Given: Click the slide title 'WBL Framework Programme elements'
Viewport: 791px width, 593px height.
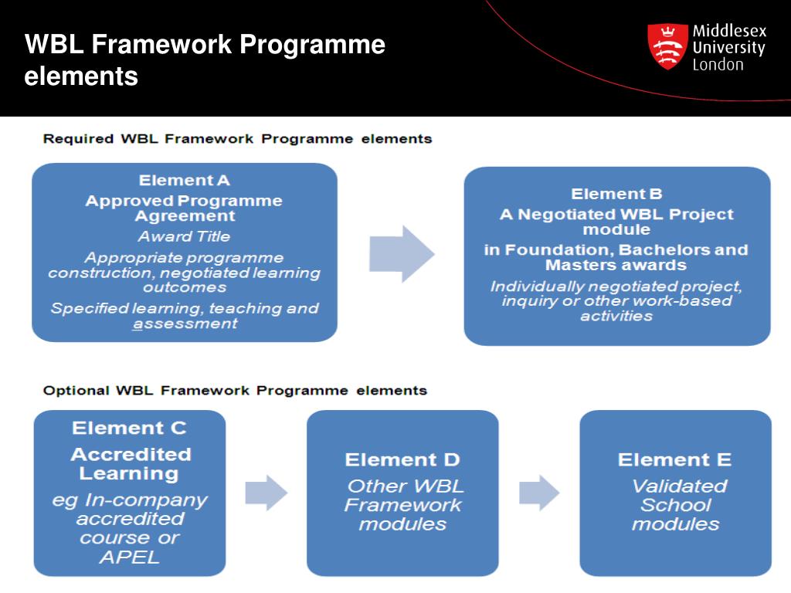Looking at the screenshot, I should [205, 60].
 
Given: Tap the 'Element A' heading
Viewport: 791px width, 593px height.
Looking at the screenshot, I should [184, 181].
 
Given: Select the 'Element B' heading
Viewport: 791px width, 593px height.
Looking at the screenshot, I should [616, 194].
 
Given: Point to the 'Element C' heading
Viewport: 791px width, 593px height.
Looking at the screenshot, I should [129, 428].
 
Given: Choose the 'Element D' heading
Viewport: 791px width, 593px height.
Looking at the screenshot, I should [402, 460].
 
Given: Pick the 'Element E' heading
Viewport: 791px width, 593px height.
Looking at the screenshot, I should [674, 460].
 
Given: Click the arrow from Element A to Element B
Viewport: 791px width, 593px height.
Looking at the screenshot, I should [401, 254].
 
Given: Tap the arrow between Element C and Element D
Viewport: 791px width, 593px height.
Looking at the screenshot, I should [266, 493].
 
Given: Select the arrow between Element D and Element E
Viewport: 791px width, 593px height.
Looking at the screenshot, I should [539, 493].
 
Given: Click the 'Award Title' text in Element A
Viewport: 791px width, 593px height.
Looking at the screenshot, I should [184, 236].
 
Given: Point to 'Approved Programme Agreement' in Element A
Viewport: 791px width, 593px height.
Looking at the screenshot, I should [184, 208].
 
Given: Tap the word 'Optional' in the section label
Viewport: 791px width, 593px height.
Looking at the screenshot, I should [76, 391].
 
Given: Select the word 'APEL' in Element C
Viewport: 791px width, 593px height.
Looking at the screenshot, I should [129, 557].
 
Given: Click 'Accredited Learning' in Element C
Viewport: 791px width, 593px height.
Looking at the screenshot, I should [129, 463].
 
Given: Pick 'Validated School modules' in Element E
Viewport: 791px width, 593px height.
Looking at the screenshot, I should [677, 505].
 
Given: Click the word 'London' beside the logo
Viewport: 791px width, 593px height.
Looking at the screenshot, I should [718, 65].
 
